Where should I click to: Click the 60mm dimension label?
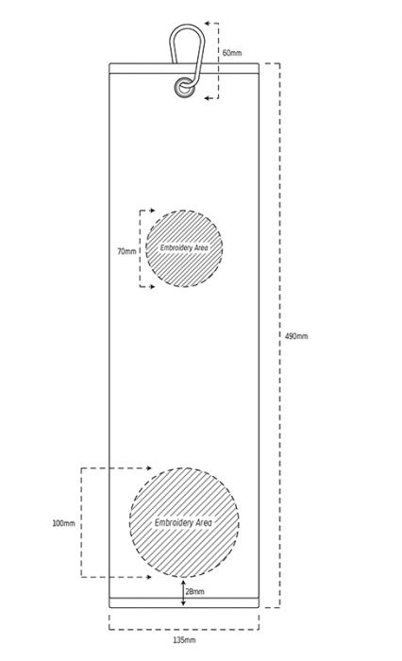(232, 53)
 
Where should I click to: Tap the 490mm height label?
(296, 336)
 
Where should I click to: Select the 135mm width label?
(184, 640)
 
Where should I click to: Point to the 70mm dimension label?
(126, 251)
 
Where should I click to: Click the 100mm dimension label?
(63, 523)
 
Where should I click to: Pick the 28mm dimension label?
(195, 591)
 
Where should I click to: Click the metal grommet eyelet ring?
(184, 88)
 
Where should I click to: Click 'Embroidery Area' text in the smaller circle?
(184, 247)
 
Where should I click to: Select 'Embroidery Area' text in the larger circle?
(183, 523)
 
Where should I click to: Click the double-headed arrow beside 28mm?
(183, 593)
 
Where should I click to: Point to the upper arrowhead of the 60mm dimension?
(208, 24)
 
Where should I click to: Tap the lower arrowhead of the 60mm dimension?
(208, 98)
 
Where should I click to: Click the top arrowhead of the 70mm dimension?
(152, 211)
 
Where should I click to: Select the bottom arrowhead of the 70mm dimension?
(152, 287)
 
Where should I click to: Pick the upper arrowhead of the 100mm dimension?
(148, 468)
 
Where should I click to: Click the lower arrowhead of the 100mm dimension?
(148, 577)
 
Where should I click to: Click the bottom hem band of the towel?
(184, 602)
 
